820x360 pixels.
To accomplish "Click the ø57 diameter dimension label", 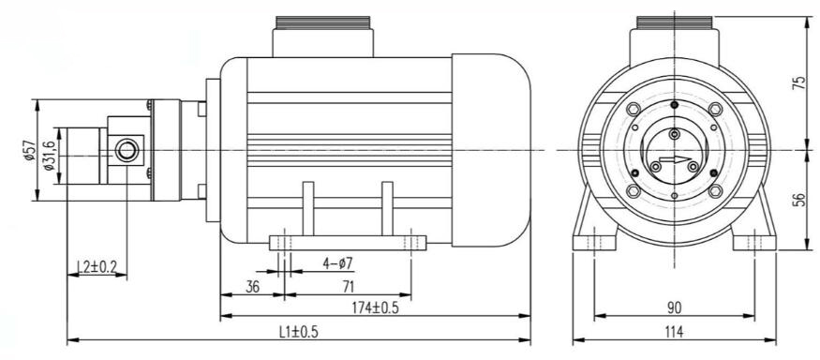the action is [x=29, y=150].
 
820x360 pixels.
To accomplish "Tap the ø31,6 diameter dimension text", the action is [x=50, y=156].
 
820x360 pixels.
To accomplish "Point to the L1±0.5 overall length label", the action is [x=299, y=331].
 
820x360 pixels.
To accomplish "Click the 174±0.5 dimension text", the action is [x=375, y=307].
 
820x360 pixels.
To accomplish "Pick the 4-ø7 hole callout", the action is [x=337, y=263].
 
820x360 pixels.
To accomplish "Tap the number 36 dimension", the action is [x=253, y=287].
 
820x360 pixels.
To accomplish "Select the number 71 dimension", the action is [x=348, y=287].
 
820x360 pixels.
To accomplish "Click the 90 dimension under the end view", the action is [x=675, y=307].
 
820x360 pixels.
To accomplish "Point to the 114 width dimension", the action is [x=674, y=331].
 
